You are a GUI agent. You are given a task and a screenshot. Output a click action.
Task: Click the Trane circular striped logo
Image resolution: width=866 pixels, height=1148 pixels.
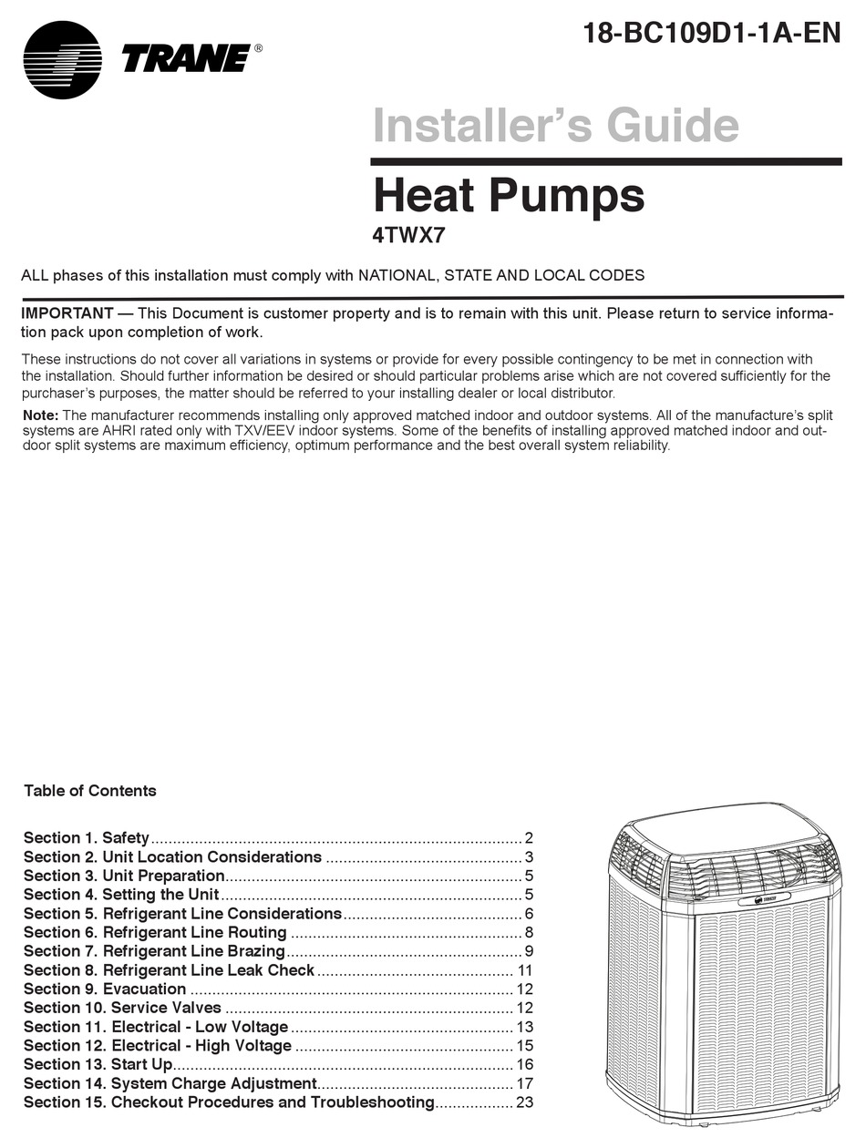63,60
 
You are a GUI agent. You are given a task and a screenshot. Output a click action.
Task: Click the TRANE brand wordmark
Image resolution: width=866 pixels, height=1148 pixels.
186,59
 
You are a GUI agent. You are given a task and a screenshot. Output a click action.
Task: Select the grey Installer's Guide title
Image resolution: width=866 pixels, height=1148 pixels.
556,125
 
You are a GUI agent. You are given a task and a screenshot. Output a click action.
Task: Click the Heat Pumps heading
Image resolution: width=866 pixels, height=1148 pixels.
509,195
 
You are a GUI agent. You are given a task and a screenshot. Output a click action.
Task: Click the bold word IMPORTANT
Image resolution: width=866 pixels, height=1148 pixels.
67,313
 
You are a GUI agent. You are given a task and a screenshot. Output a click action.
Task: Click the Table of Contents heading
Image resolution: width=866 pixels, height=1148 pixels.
90,791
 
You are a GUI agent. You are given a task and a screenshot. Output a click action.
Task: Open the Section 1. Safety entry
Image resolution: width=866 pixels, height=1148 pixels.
87,838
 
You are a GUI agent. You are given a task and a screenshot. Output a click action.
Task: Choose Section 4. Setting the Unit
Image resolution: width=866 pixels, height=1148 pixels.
121,895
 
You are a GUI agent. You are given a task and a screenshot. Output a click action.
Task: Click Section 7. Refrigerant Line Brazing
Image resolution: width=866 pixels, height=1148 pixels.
154,951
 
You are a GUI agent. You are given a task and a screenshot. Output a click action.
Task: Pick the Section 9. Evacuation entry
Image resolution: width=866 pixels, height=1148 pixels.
105,989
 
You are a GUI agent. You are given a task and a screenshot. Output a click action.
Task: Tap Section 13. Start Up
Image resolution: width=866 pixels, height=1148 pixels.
98,1064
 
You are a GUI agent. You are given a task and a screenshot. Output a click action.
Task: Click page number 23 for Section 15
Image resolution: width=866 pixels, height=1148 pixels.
524,1102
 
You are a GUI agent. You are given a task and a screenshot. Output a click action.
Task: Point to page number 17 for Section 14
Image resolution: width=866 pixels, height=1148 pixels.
524,1083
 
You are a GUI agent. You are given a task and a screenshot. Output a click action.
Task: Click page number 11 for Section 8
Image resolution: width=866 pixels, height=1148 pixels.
524,970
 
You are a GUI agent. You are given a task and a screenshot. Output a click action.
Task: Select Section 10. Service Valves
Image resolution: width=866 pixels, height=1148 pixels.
122,1008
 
